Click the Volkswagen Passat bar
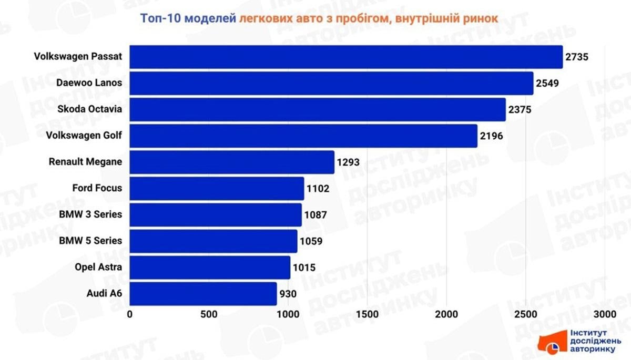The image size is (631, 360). pos(346,57)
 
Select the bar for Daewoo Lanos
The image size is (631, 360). pos(331,83)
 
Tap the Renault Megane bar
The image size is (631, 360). pos(232,162)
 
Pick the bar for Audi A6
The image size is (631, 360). pos(203,293)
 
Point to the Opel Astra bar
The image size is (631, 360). pos(210,267)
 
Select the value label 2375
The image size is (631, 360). pos(520,110)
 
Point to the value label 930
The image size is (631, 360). pos(288,294)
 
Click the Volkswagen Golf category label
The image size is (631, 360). pos(84,136)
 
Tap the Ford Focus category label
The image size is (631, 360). pos(97,188)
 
